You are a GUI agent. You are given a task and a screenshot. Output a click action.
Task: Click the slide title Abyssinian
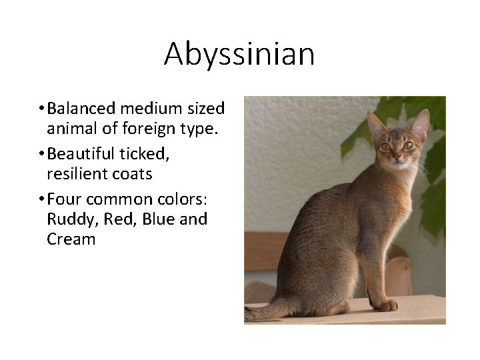click(x=239, y=53)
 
